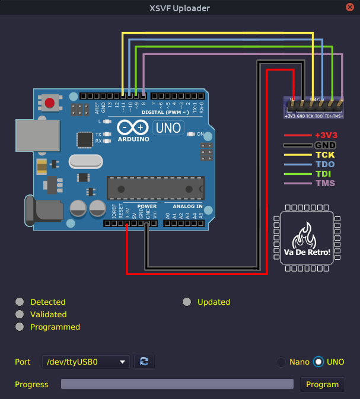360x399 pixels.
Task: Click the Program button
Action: [x=322, y=384]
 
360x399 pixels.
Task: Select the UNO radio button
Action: [x=319, y=362]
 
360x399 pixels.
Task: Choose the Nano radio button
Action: [x=281, y=362]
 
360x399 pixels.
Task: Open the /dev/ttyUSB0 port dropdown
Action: [x=87, y=362]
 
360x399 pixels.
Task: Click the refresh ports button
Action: [x=144, y=362]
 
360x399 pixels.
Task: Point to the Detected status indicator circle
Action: [x=20, y=302]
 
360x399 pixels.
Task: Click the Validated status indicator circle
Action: [x=20, y=314]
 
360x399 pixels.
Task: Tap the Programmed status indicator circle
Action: [x=20, y=327]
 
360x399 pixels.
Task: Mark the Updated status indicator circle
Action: [x=187, y=302]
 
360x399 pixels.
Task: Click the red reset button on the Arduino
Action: [x=50, y=103]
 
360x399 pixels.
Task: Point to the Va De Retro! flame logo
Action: [x=307, y=238]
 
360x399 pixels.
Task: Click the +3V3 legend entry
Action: [x=325, y=135]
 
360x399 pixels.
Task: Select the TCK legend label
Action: [x=325, y=155]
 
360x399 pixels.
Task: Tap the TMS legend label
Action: [x=325, y=183]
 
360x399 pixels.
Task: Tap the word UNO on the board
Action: [x=168, y=127]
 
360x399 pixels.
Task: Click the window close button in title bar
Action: [x=351, y=8]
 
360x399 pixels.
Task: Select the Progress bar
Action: [x=177, y=384]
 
